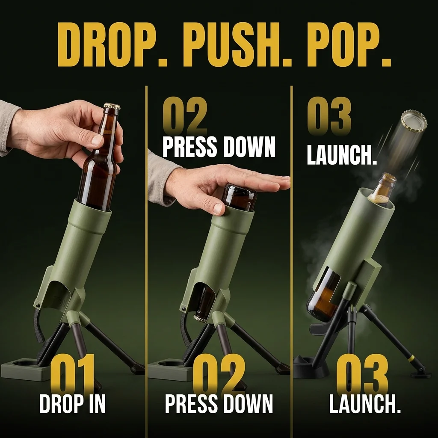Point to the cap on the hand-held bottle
(x=112, y=106)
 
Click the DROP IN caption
(x=73, y=404)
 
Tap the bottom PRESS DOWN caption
(x=219, y=404)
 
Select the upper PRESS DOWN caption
(x=219, y=147)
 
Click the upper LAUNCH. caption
(x=342, y=155)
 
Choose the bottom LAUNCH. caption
(x=365, y=404)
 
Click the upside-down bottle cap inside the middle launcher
(x=201, y=317)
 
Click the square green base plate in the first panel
(x=22, y=369)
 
